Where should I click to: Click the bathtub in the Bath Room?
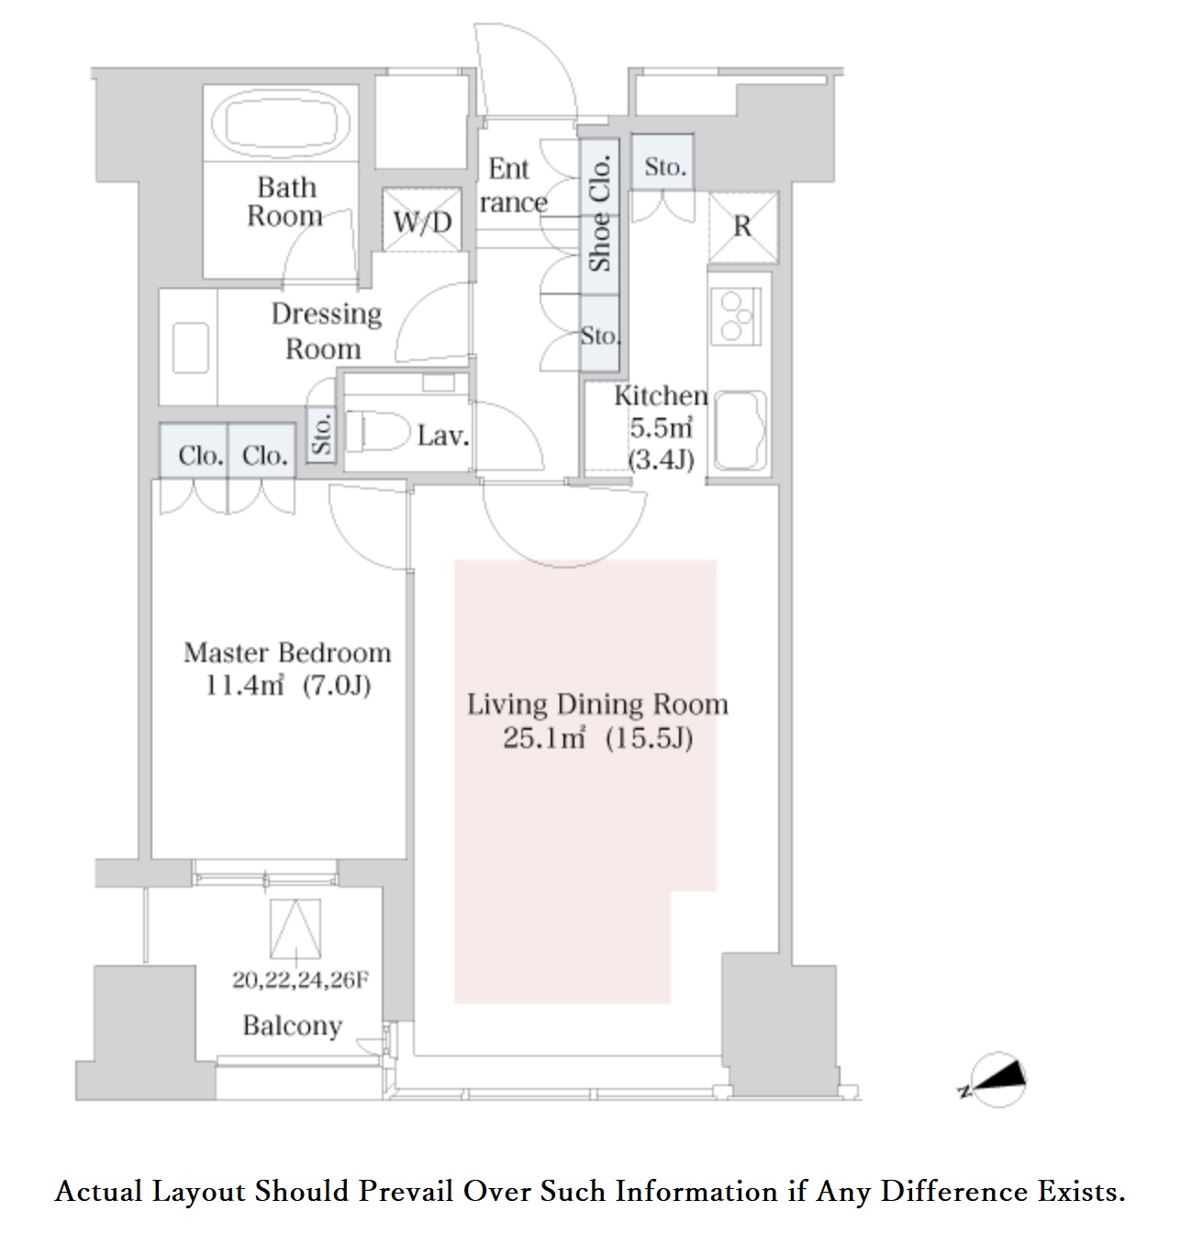pos(281,124)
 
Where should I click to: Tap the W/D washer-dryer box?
pos(422,219)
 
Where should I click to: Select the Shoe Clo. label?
pos(599,213)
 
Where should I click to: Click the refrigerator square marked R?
pos(742,227)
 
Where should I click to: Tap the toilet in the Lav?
pos(377,432)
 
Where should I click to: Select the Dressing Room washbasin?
pos(191,348)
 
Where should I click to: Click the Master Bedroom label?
pos(287,652)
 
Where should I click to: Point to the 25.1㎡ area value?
pos(544,738)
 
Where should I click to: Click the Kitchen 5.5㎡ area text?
pos(661,428)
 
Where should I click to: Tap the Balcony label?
pos(293,1026)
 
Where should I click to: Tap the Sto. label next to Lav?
pos(322,433)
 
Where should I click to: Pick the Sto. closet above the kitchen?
pos(663,163)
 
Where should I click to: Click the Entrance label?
pos(513,185)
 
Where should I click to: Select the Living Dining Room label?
pos(597,704)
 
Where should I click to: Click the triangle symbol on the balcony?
pos(295,929)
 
